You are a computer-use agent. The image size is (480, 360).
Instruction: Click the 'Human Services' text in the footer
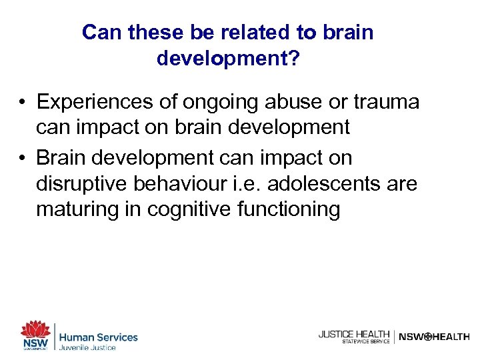[x=98, y=337]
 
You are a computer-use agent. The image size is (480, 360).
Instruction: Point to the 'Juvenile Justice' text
[x=87, y=347]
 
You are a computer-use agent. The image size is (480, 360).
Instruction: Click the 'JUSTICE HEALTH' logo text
[x=353, y=334]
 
